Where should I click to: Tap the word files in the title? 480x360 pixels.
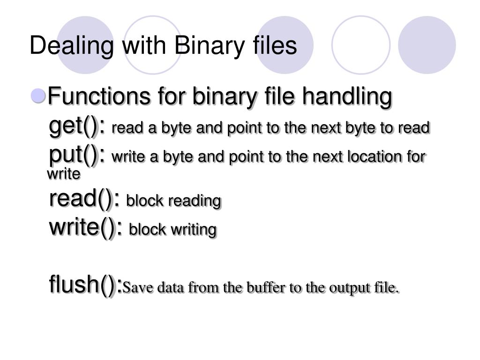click(274, 46)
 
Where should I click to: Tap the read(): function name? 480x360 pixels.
click(85, 199)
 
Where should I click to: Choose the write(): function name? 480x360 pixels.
click(86, 228)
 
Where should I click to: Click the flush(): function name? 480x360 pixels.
click(86, 285)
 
